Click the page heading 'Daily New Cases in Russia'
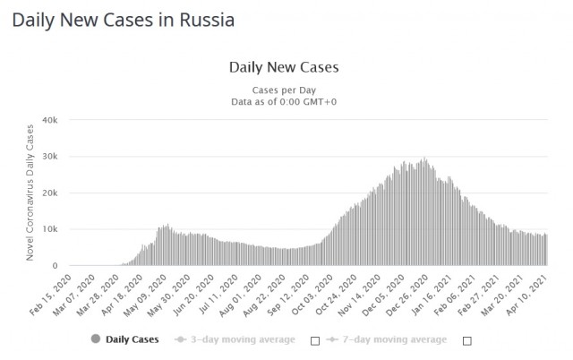124,20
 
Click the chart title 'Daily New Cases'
284,67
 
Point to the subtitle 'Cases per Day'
284,90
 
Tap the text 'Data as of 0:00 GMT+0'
284,101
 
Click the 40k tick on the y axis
49,119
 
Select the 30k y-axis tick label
49,156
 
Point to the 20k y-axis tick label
49,193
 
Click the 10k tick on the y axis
49,229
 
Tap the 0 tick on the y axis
55,266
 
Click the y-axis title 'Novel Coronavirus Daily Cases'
30,193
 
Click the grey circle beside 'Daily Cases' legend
96,339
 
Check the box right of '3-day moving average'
314,340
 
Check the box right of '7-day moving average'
466,340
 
